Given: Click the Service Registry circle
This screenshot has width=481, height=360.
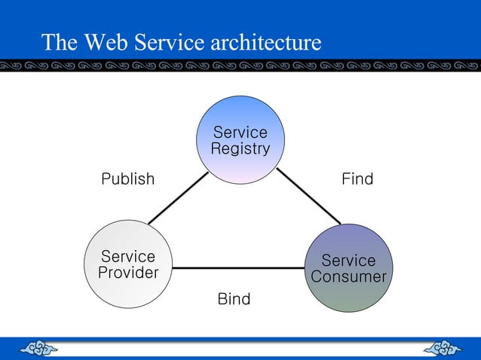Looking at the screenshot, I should [240, 139].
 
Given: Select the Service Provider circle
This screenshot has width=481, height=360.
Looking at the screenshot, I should [127, 264].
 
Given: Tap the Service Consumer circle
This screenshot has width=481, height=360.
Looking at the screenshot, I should [348, 268].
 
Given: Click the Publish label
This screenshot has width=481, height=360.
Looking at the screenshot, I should [128, 179].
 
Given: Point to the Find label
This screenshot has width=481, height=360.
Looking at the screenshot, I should [357, 179].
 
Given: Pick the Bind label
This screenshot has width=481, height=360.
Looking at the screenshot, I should [234, 300].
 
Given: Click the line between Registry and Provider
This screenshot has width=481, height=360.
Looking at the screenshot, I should [178, 198].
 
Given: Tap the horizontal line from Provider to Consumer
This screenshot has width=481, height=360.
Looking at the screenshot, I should [240, 267].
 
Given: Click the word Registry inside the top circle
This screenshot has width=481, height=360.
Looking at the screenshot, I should [240, 149].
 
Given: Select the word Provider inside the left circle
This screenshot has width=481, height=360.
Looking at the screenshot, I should [128, 273].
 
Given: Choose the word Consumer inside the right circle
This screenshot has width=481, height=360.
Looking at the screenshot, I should [348, 277].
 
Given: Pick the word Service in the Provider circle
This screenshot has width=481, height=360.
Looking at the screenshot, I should [128, 257].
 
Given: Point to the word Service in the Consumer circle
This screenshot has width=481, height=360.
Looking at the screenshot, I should [348, 261].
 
